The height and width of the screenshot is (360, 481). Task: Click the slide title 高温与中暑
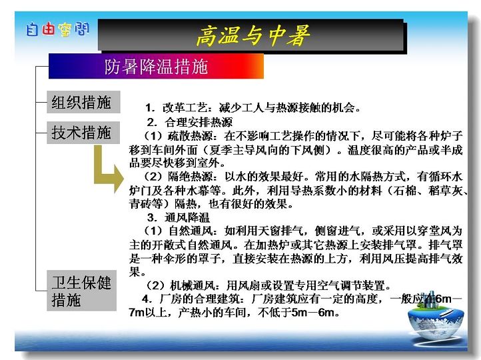pyautogui.click(x=252, y=35)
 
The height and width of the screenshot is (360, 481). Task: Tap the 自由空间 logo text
pyautogui.click(x=58, y=29)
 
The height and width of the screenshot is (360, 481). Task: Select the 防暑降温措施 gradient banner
pyautogui.click(x=156, y=66)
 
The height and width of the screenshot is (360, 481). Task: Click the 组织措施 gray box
pyautogui.click(x=83, y=102)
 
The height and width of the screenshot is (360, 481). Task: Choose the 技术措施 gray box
pyautogui.click(x=83, y=133)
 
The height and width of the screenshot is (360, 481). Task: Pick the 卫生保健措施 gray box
pyautogui.click(x=81, y=291)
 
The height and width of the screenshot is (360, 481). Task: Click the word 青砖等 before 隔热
pyautogui.click(x=146, y=204)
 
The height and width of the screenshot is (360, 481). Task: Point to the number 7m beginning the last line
pyautogui.click(x=137, y=313)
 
